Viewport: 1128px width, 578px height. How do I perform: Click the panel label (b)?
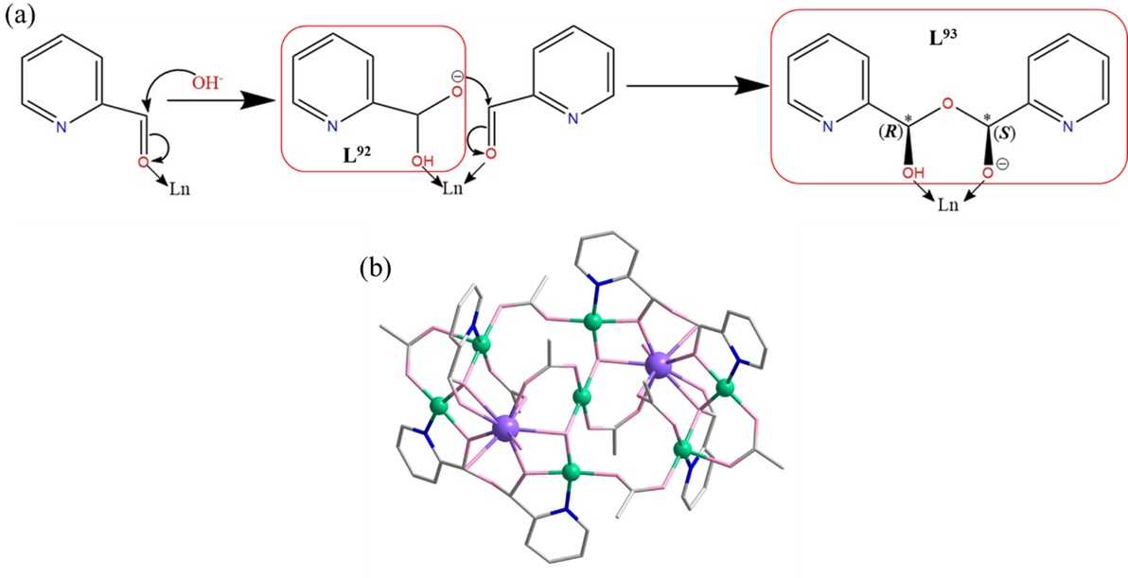(375, 268)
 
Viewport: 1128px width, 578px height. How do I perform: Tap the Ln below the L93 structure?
(947, 202)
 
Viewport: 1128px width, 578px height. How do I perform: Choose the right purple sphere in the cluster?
(659, 365)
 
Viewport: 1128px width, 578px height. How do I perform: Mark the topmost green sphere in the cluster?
(593, 322)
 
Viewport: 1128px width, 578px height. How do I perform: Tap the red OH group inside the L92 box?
(424, 160)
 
